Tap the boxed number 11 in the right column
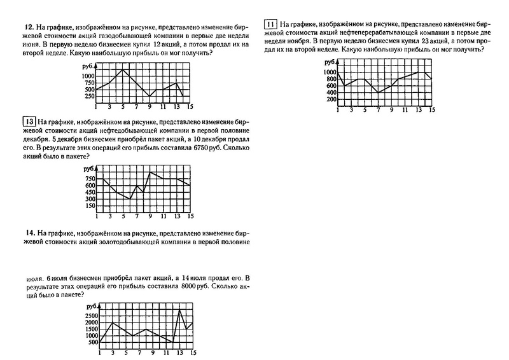pyautogui.click(x=271, y=24)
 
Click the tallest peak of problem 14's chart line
pyautogui.click(x=180, y=310)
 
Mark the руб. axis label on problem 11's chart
pyautogui.click(x=330, y=62)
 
